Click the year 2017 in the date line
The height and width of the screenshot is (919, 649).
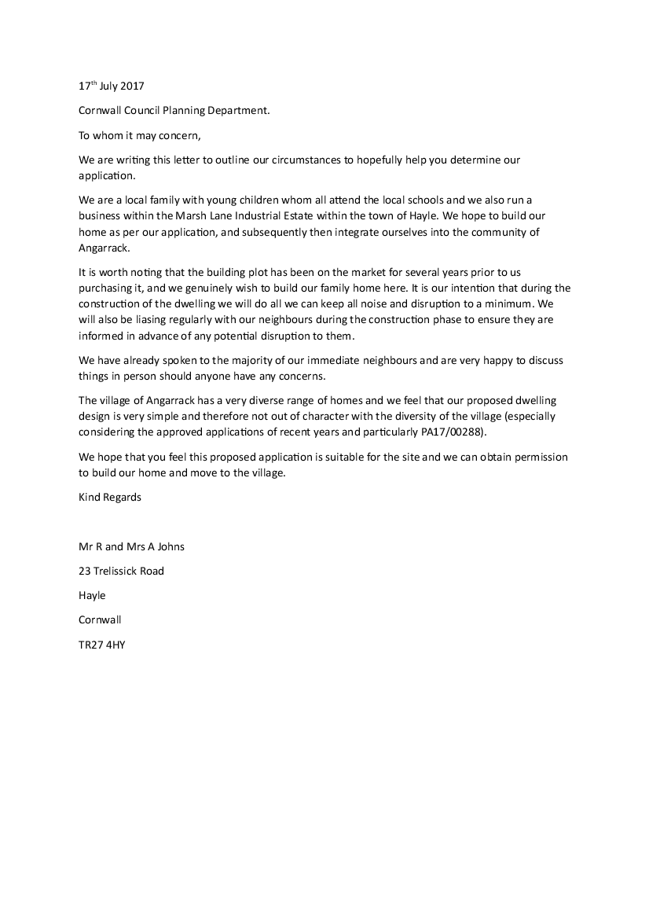click(132, 86)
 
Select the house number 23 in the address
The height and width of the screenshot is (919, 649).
click(85, 571)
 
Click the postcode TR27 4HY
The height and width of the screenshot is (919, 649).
click(102, 645)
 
